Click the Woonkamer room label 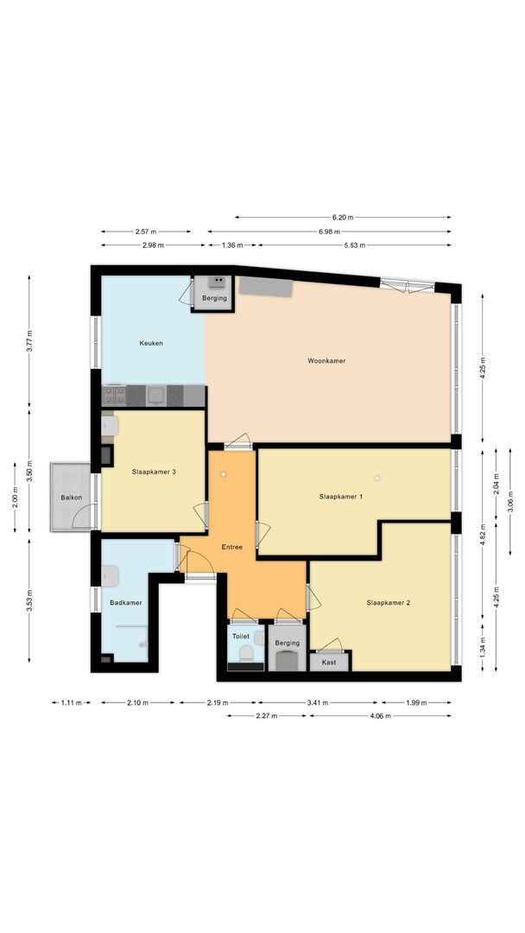click(x=326, y=360)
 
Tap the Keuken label click(x=151, y=343)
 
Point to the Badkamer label click(x=125, y=602)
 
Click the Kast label click(x=329, y=662)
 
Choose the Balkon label click(x=70, y=498)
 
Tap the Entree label click(x=231, y=547)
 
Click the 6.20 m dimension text click(x=343, y=218)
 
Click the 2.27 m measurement click(x=267, y=715)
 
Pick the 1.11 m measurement click(x=70, y=702)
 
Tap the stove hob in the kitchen click(x=114, y=396)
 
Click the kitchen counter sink click(x=156, y=396)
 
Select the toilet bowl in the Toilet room click(x=244, y=652)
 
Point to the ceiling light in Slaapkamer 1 click(x=377, y=478)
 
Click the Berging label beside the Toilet click(x=287, y=643)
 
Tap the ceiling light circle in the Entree click(x=223, y=473)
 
